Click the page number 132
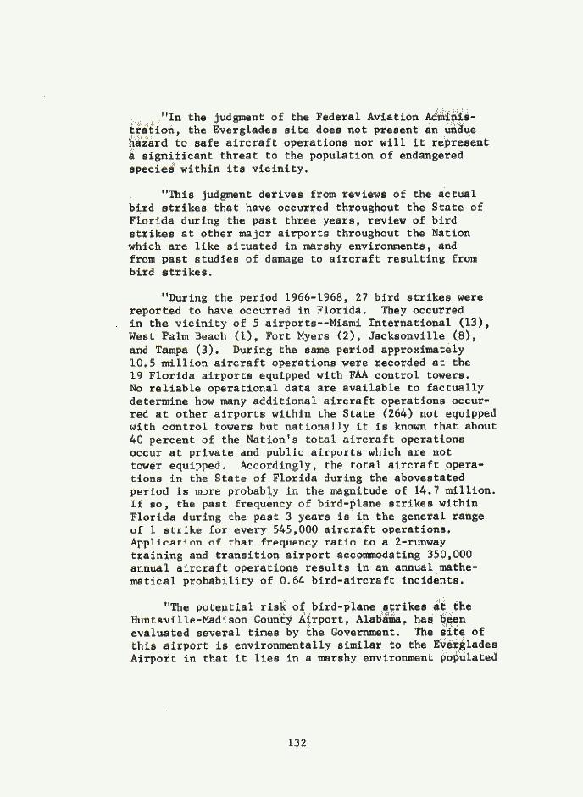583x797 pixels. pyautogui.click(x=296, y=743)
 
